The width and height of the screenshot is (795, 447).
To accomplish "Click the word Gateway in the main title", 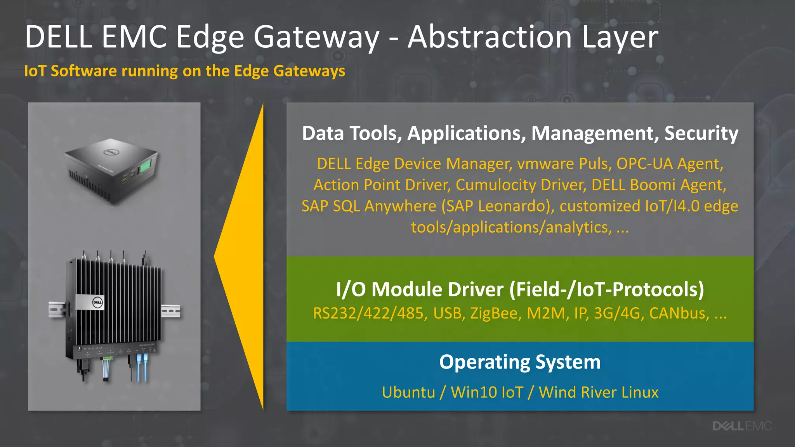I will click(x=316, y=37).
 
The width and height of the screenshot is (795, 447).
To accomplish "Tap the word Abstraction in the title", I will click(x=490, y=37).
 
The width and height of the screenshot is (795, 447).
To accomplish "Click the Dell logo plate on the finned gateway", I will click(x=90, y=302).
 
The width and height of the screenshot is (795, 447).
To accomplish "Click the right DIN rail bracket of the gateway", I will click(x=171, y=311).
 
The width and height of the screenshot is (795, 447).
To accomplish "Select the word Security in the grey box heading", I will click(x=701, y=133).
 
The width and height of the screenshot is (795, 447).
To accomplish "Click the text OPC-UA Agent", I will click(x=670, y=164).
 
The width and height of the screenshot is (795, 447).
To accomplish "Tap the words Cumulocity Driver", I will click(x=521, y=185).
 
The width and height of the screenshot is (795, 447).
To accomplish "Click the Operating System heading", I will click(x=520, y=362).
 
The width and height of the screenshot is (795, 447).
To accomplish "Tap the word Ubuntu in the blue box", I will click(x=408, y=392).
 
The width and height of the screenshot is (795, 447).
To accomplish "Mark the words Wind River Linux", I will click(x=598, y=392).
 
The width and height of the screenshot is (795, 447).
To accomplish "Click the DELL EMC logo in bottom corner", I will click(x=742, y=426).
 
